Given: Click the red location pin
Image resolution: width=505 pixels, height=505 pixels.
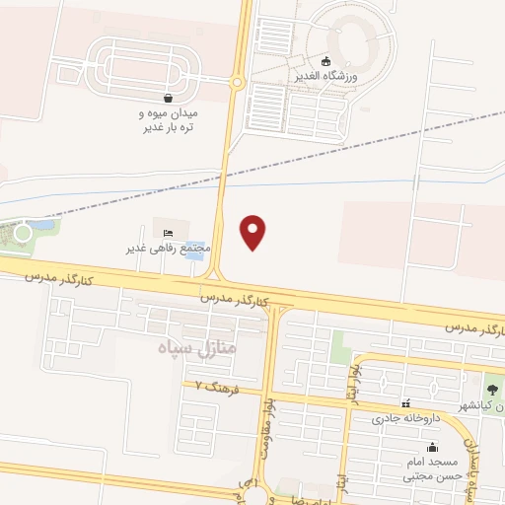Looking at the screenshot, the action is coord(254,232).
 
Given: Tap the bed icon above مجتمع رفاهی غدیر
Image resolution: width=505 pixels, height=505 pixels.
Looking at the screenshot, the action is coord(166,231).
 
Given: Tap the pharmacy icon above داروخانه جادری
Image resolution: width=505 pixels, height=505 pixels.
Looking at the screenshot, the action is coord(405,403).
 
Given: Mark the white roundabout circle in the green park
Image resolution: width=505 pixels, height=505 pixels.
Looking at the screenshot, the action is coord(23,233).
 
